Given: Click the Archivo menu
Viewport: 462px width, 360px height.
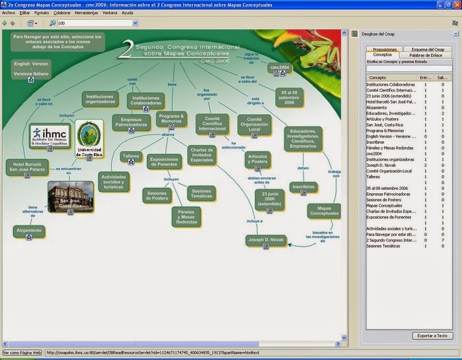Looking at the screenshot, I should pos(9,13).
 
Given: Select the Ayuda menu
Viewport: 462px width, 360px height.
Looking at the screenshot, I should pos(127,13).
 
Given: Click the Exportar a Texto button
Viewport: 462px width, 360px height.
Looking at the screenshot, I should pos(432,336).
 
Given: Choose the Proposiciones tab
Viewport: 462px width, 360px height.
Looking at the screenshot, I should pos(385,49).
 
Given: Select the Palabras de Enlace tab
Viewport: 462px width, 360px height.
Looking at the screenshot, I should pos(426,55).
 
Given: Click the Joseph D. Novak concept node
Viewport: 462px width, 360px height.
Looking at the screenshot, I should pos(265,240).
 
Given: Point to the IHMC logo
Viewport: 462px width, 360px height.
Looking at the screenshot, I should pos(50,136).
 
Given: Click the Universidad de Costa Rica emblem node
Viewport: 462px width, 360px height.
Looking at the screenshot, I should pos(88,139).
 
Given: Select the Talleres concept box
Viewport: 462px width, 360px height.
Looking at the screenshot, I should pos(131,156).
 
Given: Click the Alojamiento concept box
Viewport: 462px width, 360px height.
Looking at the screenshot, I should pos(29,230).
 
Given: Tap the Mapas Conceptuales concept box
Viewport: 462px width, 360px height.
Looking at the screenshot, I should pos(324,211).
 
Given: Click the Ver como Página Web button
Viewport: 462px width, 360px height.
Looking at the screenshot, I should pos(22,353).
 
